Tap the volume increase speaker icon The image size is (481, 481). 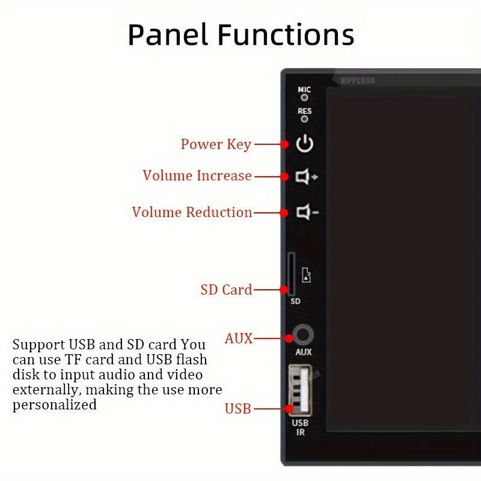coord(306,177)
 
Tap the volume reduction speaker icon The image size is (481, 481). coord(306,212)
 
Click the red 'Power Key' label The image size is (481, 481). coord(216,144)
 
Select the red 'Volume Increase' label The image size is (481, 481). coord(197,176)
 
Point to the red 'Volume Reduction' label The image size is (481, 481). coord(192,212)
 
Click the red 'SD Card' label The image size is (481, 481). coord(226,290)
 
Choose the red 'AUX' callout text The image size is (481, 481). coord(238,339)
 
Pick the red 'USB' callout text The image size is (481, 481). coord(237,409)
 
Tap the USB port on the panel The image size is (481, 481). coord(299,390)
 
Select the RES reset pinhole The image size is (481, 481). coord(305,119)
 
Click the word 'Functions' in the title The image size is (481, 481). coord(285,35)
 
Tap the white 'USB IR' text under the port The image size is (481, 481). coord(300,427)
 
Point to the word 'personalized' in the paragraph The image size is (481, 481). coord(55,405)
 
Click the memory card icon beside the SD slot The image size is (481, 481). coord(307,276)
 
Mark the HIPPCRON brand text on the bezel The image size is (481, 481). coord(357,80)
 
